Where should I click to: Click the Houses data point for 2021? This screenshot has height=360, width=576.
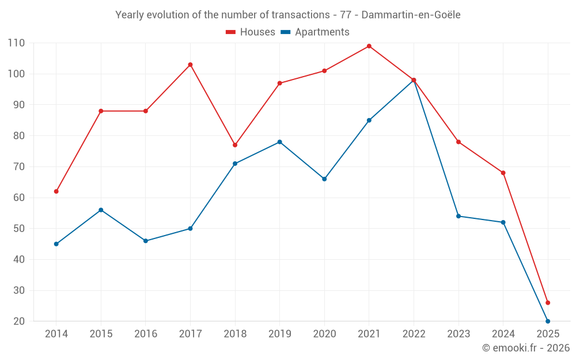369,46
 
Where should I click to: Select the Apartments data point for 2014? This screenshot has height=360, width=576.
56,244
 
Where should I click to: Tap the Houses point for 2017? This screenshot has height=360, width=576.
190,65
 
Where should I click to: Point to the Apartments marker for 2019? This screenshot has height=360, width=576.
280,142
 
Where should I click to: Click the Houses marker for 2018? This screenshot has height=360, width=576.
235,145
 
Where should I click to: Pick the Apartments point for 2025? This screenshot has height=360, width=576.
548,321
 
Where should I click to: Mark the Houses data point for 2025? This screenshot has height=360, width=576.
548,302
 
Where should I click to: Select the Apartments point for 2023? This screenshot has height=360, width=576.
458,216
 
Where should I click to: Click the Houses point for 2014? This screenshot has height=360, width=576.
56,191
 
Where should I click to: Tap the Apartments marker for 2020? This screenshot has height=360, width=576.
324,179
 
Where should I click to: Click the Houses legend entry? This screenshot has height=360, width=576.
250,32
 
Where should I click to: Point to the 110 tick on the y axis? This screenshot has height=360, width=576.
16,43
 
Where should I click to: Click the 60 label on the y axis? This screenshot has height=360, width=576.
19,198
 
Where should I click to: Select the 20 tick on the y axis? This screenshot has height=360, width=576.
19,321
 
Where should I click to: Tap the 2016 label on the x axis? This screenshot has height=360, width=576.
146,334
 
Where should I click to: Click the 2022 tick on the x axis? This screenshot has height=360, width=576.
414,334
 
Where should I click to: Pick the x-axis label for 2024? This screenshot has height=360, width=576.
503,334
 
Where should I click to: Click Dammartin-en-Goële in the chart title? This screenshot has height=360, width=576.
411,15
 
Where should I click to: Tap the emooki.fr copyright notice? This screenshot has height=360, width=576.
526,348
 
